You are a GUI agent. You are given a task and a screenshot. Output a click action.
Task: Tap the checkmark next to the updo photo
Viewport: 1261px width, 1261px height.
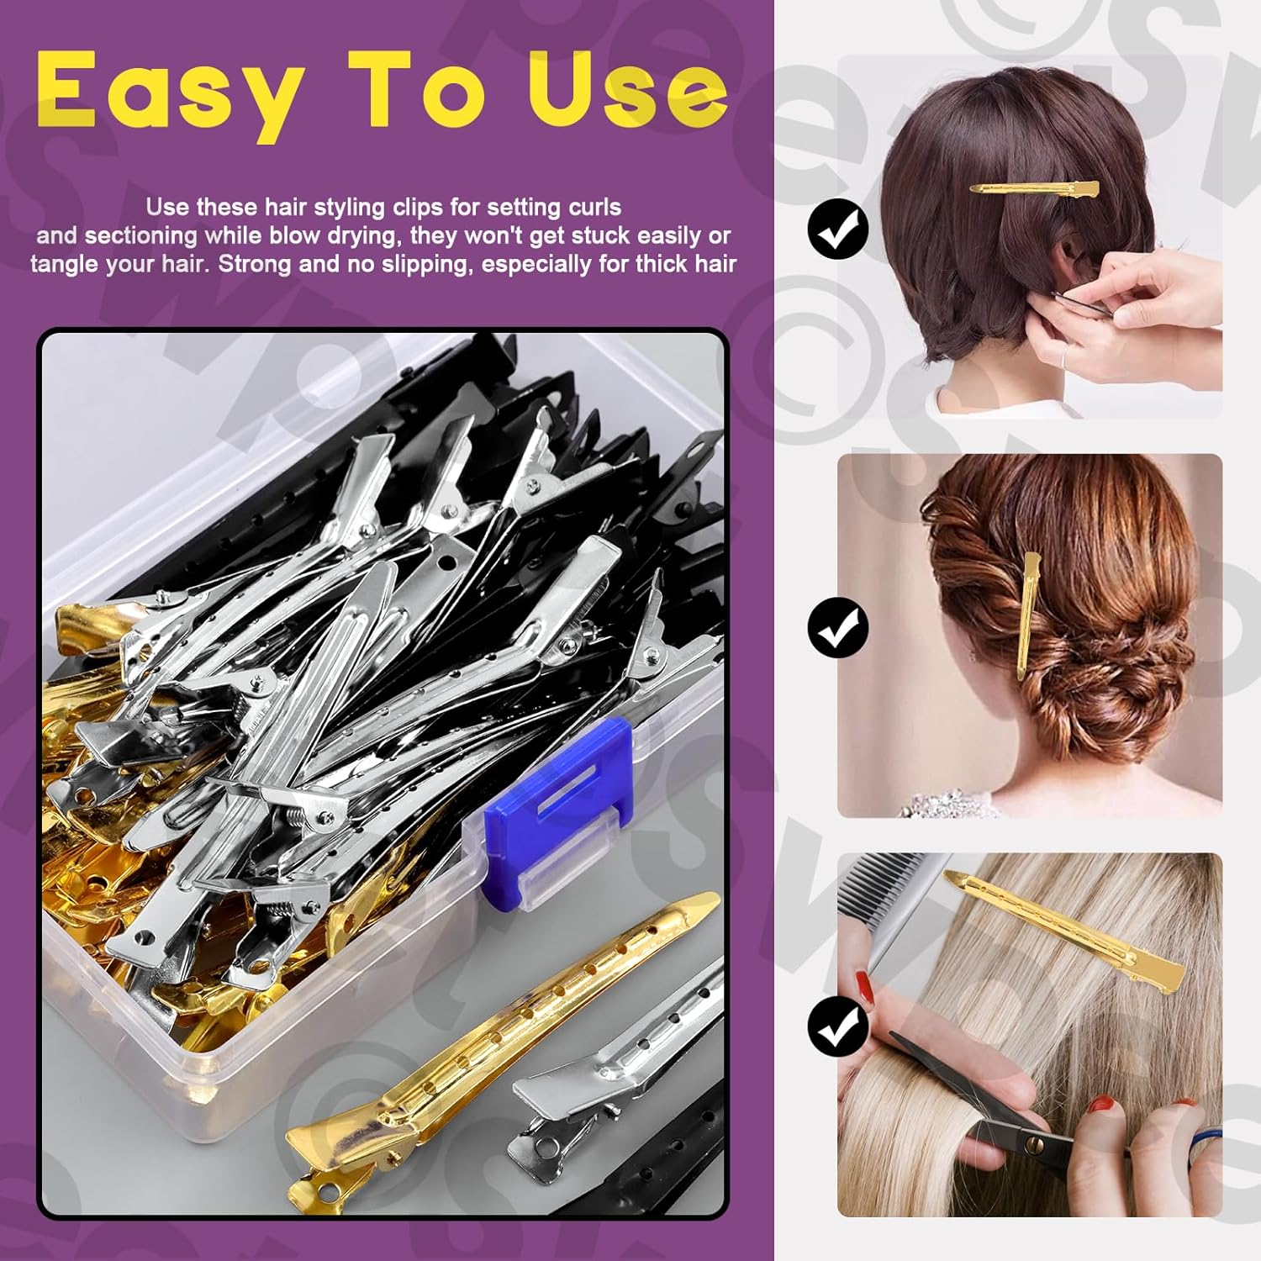837,627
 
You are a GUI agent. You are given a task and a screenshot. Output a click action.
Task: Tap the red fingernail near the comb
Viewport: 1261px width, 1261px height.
863,979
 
